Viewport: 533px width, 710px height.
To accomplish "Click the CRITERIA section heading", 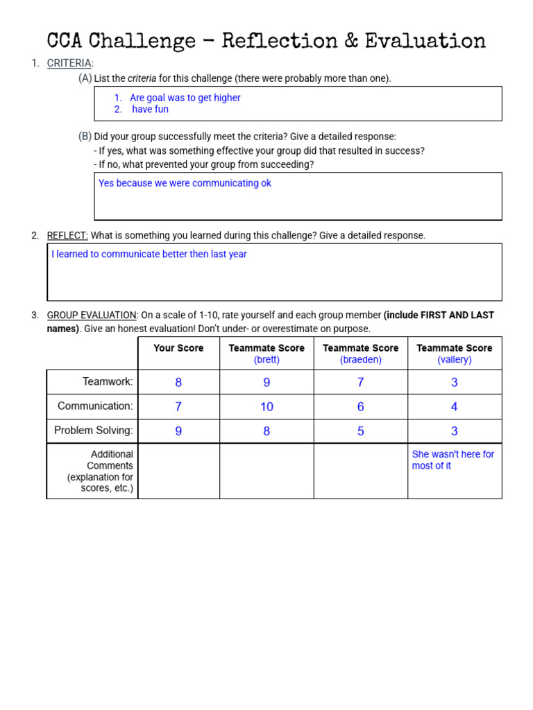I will pyautogui.click(x=69, y=63).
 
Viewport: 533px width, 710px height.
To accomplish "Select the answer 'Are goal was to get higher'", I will pyautogui.click(x=185, y=98).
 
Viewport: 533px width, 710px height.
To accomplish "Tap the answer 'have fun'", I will pyautogui.click(x=151, y=110).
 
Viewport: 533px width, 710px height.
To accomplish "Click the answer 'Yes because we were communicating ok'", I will pyautogui.click(x=185, y=183).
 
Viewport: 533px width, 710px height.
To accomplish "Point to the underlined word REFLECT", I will pyautogui.click(x=67, y=236).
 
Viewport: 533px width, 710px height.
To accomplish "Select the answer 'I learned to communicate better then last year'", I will pyautogui.click(x=149, y=254).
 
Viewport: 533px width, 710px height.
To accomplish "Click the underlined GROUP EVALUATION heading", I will pyautogui.click(x=92, y=315).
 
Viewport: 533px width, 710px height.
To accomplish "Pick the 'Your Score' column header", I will pyautogui.click(x=178, y=348).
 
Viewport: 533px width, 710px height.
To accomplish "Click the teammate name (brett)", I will pyautogui.click(x=266, y=360).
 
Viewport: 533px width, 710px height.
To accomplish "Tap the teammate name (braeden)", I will pyautogui.click(x=360, y=360).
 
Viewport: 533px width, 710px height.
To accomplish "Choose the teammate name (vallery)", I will pyautogui.click(x=455, y=360).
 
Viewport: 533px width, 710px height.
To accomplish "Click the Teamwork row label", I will pyautogui.click(x=108, y=381).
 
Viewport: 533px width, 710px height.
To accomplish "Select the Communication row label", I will pyautogui.click(x=95, y=406).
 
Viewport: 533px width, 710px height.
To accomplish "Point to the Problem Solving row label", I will pyautogui.click(x=94, y=431).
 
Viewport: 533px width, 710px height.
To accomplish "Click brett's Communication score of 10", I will pyautogui.click(x=266, y=407).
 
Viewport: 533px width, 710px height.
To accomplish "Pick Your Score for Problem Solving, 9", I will pyautogui.click(x=178, y=431).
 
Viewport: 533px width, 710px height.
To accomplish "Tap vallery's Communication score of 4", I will pyautogui.click(x=455, y=407).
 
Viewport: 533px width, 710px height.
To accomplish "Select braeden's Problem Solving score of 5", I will pyautogui.click(x=360, y=431).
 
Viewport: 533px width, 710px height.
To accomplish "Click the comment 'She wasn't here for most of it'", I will pyautogui.click(x=453, y=460).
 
